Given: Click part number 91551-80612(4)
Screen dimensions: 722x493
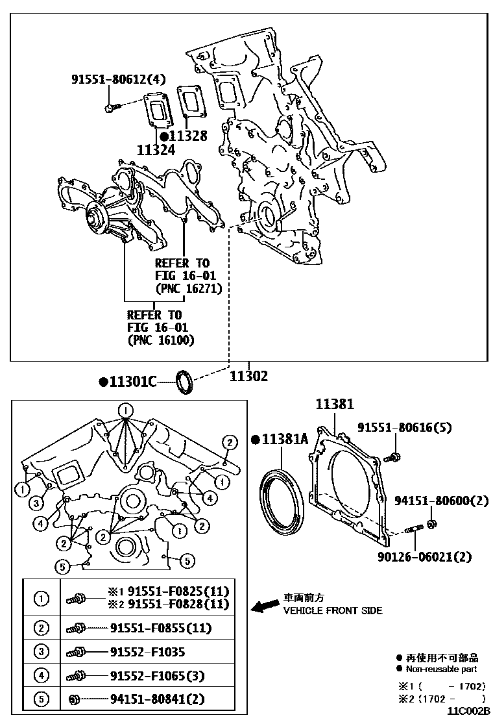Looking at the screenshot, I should pos(119,80).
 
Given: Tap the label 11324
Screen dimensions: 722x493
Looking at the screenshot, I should pos(156,149).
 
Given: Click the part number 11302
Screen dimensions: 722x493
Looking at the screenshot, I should pos(249,376).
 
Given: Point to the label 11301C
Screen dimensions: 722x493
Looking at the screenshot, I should pos(133,382).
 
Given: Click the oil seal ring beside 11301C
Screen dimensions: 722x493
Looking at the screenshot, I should pos(185,381).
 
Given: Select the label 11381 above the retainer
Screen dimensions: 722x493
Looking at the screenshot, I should pos(335,405).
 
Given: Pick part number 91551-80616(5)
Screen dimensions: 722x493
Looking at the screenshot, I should pos(405,427).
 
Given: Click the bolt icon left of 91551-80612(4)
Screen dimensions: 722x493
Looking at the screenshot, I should pos(110,106).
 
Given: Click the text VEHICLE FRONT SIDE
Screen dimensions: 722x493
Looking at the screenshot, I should pos(333,610).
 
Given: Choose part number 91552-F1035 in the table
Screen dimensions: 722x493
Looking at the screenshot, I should pos(147,652).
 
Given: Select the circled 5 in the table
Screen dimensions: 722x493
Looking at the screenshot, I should pos(41,699).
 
